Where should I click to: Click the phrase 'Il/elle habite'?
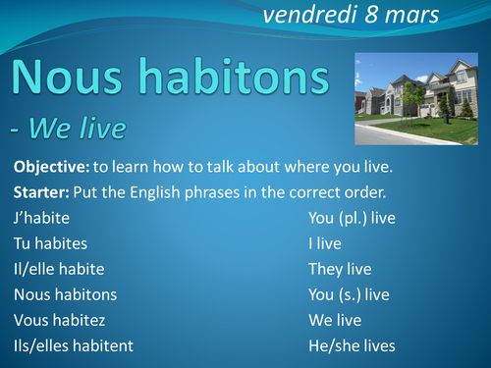coord(59,267)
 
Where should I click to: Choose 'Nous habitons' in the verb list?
coord(66,293)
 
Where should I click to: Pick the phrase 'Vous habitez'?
coord(60,319)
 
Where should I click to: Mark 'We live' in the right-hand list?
coord(335,319)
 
